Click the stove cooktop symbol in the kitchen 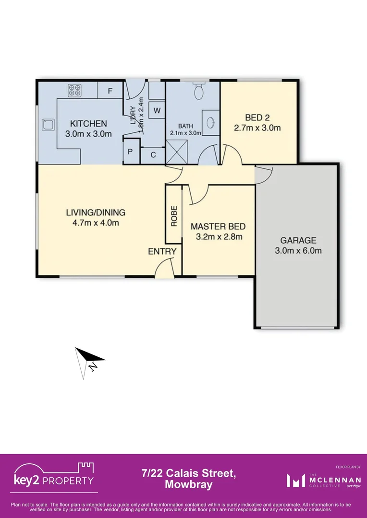point(74,90)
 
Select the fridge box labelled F point(110,90)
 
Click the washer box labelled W point(157,110)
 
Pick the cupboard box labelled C point(153,154)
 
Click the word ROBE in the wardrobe point(174,215)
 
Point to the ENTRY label point(162,251)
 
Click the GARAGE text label point(298,241)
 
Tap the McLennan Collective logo point(320,480)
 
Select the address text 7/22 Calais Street point(188,474)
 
